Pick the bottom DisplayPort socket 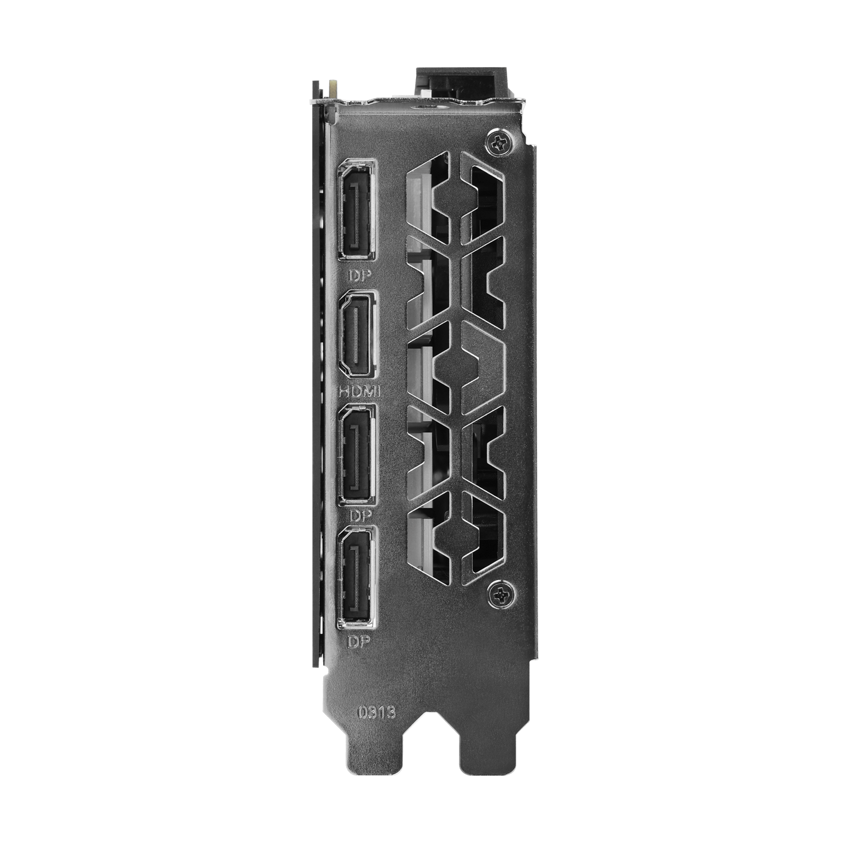(356, 577)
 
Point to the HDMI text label (359, 392)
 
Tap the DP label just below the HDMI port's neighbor (361, 515)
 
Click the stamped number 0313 (376, 712)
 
